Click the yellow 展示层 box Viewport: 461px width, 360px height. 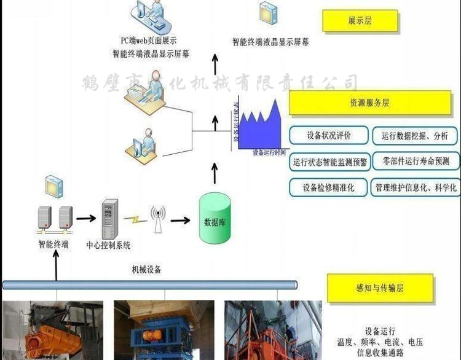[x=360, y=21]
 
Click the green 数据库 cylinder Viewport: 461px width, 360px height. [x=215, y=219]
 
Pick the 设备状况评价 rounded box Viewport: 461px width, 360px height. [x=329, y=135]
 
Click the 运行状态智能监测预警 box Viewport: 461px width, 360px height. [x=329, y=162]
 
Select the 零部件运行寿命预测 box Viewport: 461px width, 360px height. [x=416, y=162]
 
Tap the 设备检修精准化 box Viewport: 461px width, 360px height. [x=329, y=188]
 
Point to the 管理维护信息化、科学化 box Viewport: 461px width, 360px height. [x=416, y=188]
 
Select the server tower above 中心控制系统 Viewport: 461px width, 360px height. [x=108, y=219]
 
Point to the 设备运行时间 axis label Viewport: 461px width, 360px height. [x=269, y=152]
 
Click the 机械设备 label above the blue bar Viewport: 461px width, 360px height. [x=147, y=269]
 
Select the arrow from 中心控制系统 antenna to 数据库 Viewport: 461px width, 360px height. [x=179, y=219]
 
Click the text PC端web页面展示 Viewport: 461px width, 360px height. [x=149, y=41]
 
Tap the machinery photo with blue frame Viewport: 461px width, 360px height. [x=164, y=331]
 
